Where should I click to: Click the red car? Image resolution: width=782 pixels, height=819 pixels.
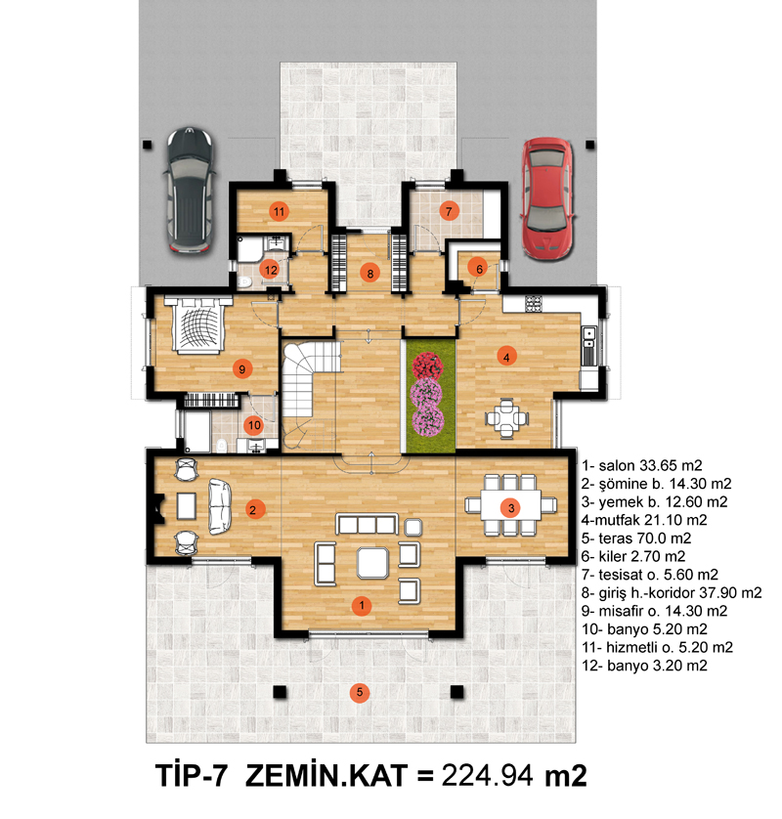coord(547,198)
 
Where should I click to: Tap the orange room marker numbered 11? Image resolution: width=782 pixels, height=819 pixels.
coord(279,211)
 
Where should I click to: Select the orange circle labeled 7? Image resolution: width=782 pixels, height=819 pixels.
coord(449,211)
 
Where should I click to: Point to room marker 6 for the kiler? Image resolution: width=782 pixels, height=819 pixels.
coord(479,269)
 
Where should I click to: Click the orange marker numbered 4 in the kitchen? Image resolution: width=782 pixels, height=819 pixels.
coord(506,358)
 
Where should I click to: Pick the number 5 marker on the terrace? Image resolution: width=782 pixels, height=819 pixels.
coord(360,693)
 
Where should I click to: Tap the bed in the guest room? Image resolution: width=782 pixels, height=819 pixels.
coord(198,324)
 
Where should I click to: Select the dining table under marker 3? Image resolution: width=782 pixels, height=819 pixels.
coord(511,505)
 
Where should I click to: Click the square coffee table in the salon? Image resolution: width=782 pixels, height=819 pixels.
coord(372,563)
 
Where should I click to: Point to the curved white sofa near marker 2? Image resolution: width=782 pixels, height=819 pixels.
coord(219,506)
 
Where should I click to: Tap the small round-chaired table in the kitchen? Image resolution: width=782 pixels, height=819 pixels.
coord(506,418)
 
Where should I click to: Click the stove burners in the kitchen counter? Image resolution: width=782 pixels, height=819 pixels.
coord(534,304)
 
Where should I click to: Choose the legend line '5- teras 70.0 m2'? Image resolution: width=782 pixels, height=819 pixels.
coord(636,538)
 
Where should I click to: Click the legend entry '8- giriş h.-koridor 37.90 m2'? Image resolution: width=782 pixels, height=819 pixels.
coord(672,593)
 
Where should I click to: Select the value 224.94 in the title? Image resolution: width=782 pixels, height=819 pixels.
coord(488,775)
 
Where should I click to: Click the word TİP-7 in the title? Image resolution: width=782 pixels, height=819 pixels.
coord(192,775)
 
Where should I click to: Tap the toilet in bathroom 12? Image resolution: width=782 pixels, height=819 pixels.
coord(244,282)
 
